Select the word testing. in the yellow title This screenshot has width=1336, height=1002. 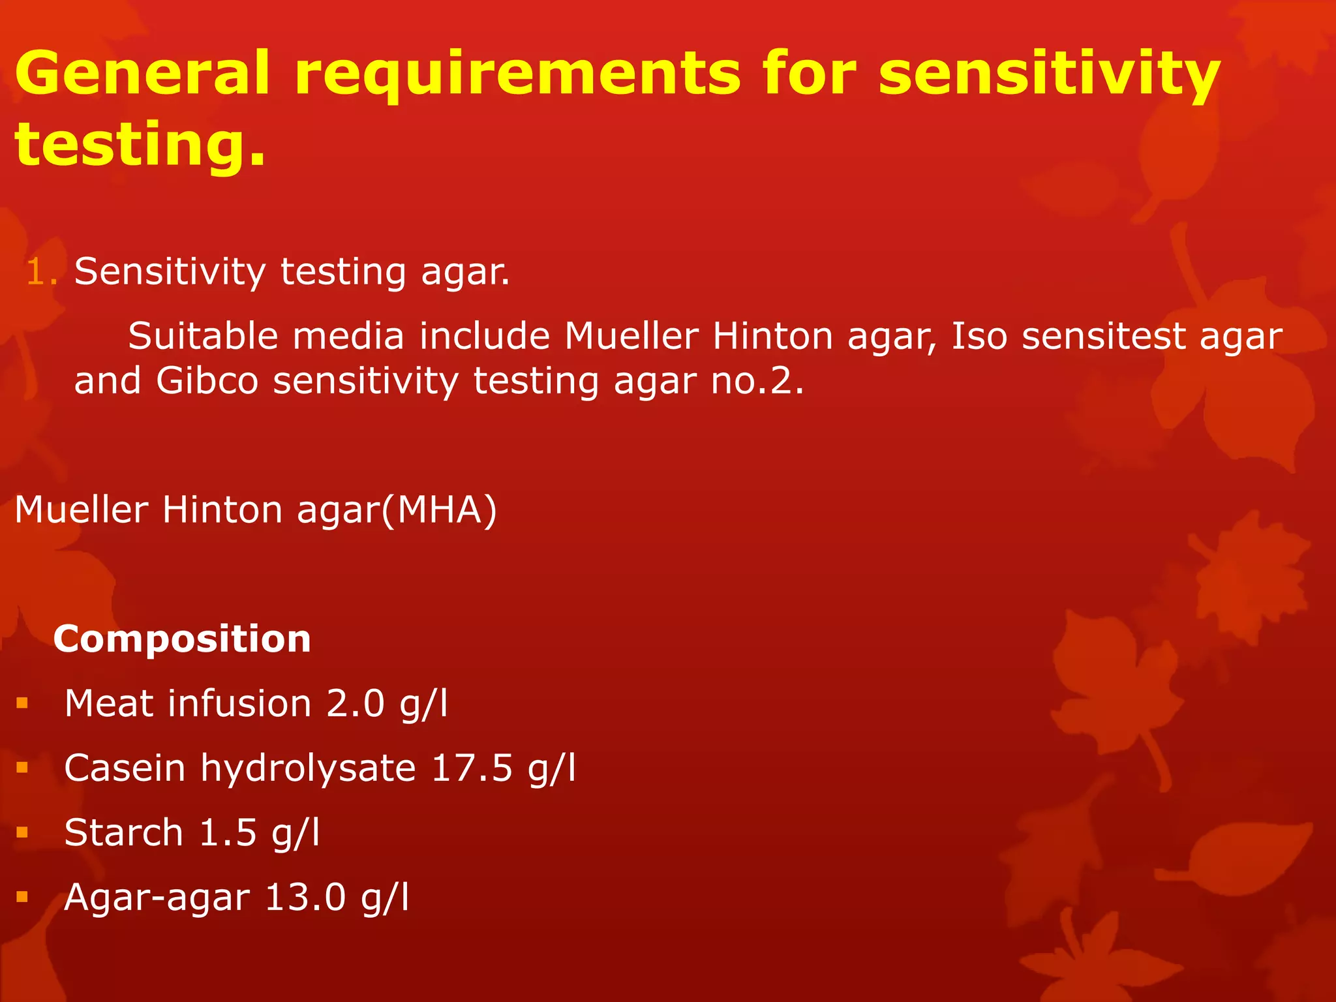pos(140,145)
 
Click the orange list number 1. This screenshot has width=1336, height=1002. pos(41,272)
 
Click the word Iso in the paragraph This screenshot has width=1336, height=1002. pos(979,337)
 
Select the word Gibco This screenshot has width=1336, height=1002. pos(207,381)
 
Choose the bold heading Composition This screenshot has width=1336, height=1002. pos(182,639)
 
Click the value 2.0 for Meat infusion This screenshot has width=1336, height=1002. pos(356,704)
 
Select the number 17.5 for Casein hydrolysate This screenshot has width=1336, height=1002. pos(472,768)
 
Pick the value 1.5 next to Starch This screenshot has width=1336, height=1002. pos(228,832)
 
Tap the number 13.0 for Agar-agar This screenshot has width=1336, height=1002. pos(305,897)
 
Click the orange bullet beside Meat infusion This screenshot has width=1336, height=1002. pos(23,703)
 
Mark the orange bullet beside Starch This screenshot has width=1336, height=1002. pos(23,832)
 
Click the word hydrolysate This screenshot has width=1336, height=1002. pos(308,768)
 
